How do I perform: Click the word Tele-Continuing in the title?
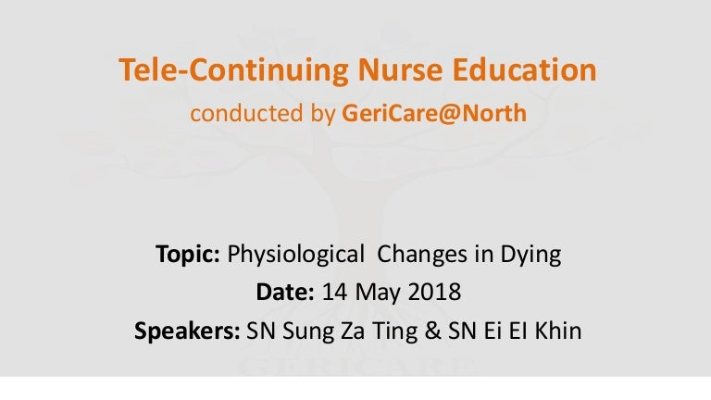[233, 70]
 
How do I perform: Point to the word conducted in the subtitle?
[246, 113]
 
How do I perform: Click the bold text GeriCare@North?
[434, 113]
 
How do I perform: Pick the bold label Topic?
[188, 254]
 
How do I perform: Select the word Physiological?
[295, 254]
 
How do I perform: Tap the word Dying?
[531, 254]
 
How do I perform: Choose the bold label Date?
[285, 292]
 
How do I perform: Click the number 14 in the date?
[334, 292]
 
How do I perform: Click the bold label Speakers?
[187, 331]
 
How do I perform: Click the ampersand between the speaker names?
[432, 331]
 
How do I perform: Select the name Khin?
[558, 331]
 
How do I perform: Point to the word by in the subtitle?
[323, 114]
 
